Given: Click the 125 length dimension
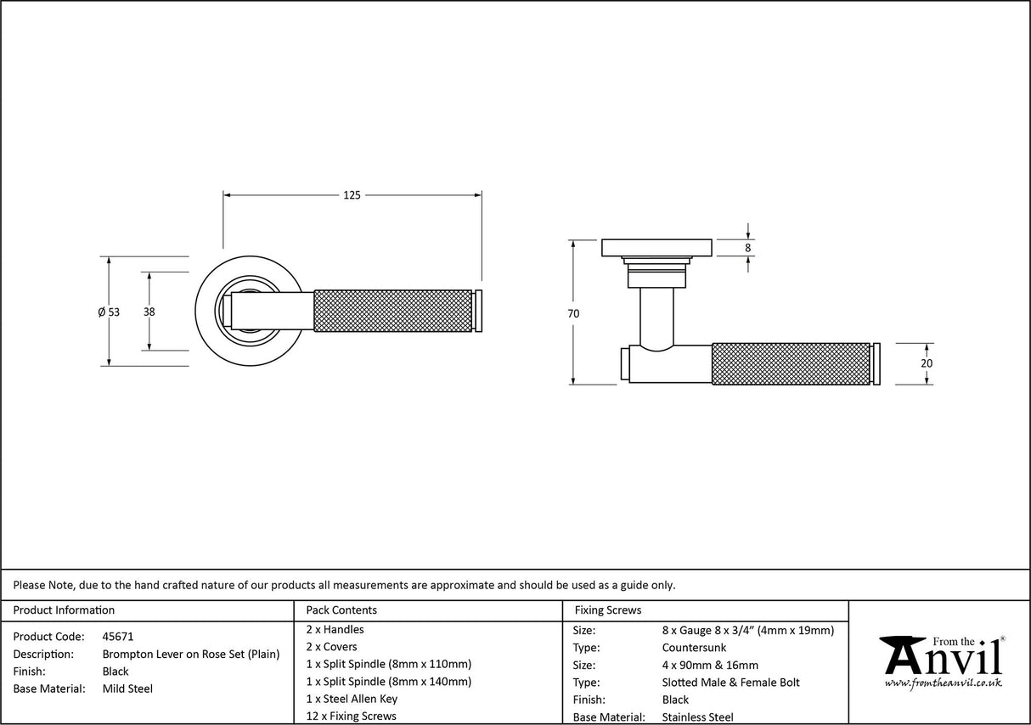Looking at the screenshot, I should [x=352, y=195].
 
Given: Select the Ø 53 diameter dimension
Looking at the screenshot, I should [x=109, y=312].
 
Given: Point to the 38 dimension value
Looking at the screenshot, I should [x=149, y=312].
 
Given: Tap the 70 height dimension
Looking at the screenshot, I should [x=573, y=313].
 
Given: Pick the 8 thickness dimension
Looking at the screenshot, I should [x=747, y=248].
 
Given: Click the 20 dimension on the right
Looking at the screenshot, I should [x=927, y=363].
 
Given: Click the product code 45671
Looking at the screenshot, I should [x=118, y=636].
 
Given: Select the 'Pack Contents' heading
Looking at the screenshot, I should [x=341, y=610].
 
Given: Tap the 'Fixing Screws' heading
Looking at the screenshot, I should [x=608, y=610].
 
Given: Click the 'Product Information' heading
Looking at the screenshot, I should [x=64, y=610].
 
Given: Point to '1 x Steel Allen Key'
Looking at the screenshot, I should [x=352, y=699].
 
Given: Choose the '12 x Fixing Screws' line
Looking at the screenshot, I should [x=351, y=716].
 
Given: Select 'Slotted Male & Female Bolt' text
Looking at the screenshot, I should [x=730, y=683].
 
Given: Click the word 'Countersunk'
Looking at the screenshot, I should [x=694, y=648].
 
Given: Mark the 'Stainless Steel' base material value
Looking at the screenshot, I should [x=697, y=717].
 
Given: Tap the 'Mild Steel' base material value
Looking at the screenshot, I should [x=127, y=688].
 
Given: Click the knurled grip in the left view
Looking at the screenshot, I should [x=392, y=312].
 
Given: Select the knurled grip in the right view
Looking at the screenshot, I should [x=791, y=363].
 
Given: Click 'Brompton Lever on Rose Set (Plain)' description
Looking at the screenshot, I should [x=191, y=654].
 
